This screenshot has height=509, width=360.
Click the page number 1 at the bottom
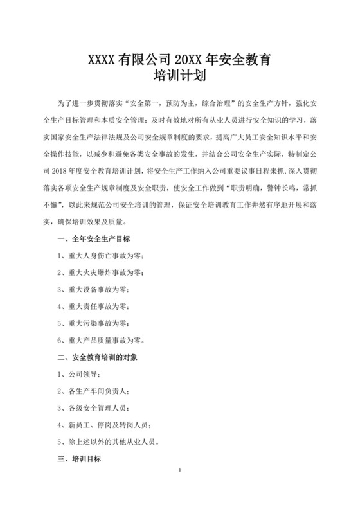[x=180, y=472]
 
